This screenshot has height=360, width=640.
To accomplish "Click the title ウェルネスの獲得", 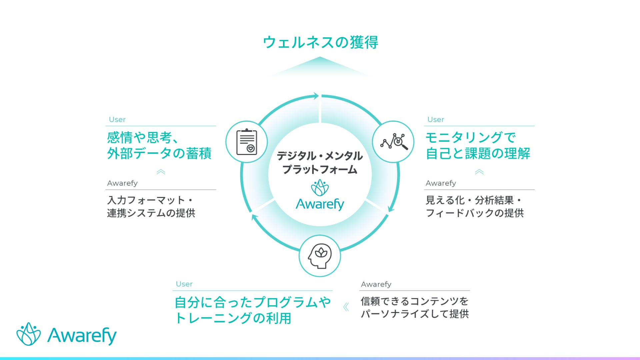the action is tap(320, 43).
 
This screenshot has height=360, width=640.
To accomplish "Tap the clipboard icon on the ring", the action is tap(247, 142).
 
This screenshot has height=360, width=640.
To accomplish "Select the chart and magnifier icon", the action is tap(393, 142).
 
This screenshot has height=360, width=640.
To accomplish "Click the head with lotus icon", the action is tap(320, 256).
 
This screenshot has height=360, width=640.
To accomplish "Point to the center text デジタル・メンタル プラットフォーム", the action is tap(320, 163).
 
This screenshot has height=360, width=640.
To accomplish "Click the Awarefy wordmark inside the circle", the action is tap(320, 204).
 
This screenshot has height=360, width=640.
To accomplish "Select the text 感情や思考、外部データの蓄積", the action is tap(159, 145).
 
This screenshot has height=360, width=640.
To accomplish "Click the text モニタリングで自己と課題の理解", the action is tap(477, 145).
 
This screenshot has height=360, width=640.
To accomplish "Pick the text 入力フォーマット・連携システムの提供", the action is tap(151, 206).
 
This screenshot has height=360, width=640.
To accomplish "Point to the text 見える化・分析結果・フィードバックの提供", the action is tap(474, 206).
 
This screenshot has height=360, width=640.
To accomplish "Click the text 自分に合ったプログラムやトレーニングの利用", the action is tap(252, 310).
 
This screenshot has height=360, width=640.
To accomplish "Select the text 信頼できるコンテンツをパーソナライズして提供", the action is tap(415, 307).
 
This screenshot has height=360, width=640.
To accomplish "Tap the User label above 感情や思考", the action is tap(117, 119).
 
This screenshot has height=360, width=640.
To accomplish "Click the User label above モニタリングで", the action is tap(436, 119).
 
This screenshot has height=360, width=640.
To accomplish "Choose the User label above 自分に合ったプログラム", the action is tap(184, 284).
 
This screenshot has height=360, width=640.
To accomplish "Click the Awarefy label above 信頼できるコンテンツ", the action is tap(376, 284).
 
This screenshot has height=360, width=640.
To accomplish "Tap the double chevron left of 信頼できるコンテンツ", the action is tap(346, 307).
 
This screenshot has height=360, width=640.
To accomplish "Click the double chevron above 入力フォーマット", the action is tap(161, 172).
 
